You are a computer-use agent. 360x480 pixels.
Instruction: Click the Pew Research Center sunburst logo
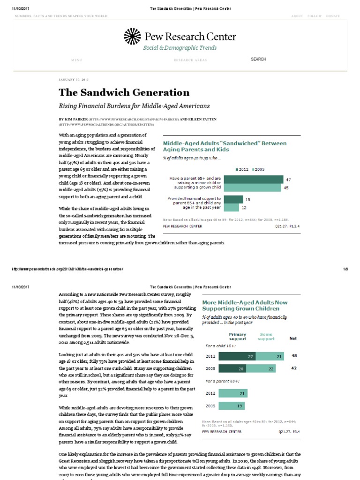coord(132,36)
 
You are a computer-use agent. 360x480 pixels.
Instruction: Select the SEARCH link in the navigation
coord(258,60)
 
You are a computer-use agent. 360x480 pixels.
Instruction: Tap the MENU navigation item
coord(76,60)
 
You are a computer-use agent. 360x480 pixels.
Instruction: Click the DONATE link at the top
coord(333,16)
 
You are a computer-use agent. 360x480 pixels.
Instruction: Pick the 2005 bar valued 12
coord(232,206)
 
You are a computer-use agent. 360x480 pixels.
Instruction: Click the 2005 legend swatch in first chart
coord(255,169)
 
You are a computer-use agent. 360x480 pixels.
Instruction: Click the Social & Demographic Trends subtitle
coord(180,48)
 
